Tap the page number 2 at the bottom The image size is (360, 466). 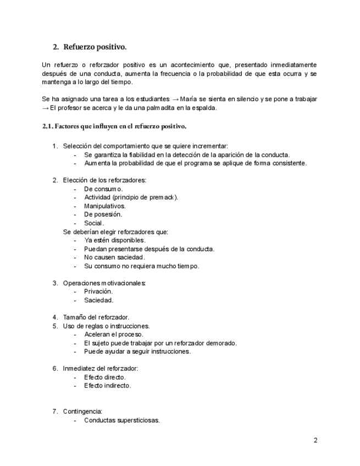click(x=315, y=440)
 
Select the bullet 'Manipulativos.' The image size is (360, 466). click(x=105, y=206)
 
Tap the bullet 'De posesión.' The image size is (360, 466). click(x=103, y=214)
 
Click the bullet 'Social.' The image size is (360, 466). click(x=94, y=223)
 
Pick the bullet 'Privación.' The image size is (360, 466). click(x=98, y=291)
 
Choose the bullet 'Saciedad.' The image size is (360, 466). click(x=98, y=300)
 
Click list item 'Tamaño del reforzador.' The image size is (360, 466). click(x=96, y=317)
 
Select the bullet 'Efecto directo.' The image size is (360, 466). click(x=105, y=377)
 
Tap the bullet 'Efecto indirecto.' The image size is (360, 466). click(x=108, y=386)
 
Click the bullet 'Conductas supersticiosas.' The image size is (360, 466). click(x=122, y=420)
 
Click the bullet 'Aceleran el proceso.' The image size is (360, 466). click(x=114, y=334)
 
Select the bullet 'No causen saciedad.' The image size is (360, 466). click(x=114, y=257)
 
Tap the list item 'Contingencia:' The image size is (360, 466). click(x=82, y=411)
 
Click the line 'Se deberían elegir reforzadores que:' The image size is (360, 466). click(x=115, y=231)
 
